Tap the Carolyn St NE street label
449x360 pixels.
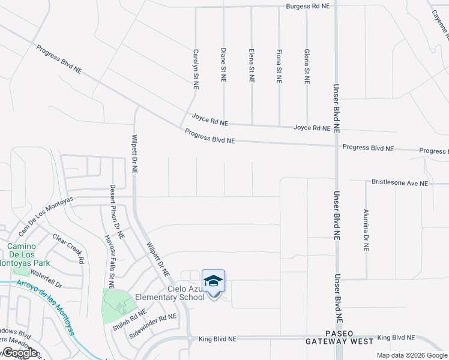pos(195,69)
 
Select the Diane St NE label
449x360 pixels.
pos(223,65)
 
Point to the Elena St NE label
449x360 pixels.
pos(252,65)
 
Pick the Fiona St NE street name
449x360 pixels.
pos(279,66)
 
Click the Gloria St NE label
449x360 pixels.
pos(307,66)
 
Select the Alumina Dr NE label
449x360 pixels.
pos(366,230)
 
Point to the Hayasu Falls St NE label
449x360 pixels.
pos(110,260)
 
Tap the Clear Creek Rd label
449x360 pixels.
pos(67,249)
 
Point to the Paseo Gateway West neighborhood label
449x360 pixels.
pos(340,337)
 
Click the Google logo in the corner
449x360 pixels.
pos(20,353)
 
